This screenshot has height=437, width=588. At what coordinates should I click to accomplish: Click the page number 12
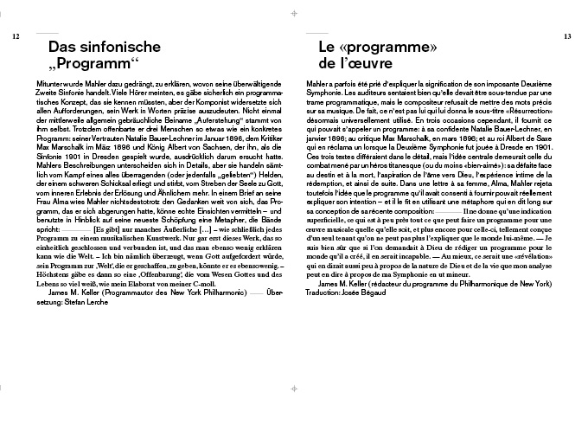(x=16, y=36)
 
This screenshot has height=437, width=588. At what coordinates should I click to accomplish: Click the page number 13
(x=567, y=36)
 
